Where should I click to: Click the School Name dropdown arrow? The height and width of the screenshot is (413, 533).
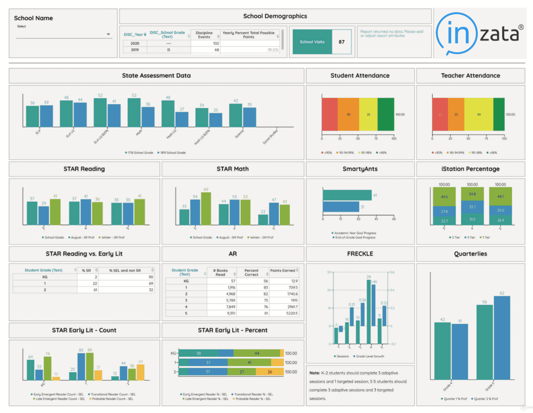point(108,34)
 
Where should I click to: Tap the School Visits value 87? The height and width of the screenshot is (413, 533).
point(341,42)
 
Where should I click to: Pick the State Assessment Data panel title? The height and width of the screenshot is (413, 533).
point(156,75)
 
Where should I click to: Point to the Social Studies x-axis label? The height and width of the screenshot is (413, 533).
point(270,137)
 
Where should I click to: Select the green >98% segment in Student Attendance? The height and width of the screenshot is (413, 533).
point(386,114)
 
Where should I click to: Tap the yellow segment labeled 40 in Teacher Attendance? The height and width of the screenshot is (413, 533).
point(479,114)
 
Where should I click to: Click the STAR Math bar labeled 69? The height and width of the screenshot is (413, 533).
point(206,208)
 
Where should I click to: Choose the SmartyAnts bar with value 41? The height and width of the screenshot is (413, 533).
point(347,195)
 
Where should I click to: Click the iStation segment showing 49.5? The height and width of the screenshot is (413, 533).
point(444,197)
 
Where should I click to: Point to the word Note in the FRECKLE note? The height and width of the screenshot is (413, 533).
point(314,373)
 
